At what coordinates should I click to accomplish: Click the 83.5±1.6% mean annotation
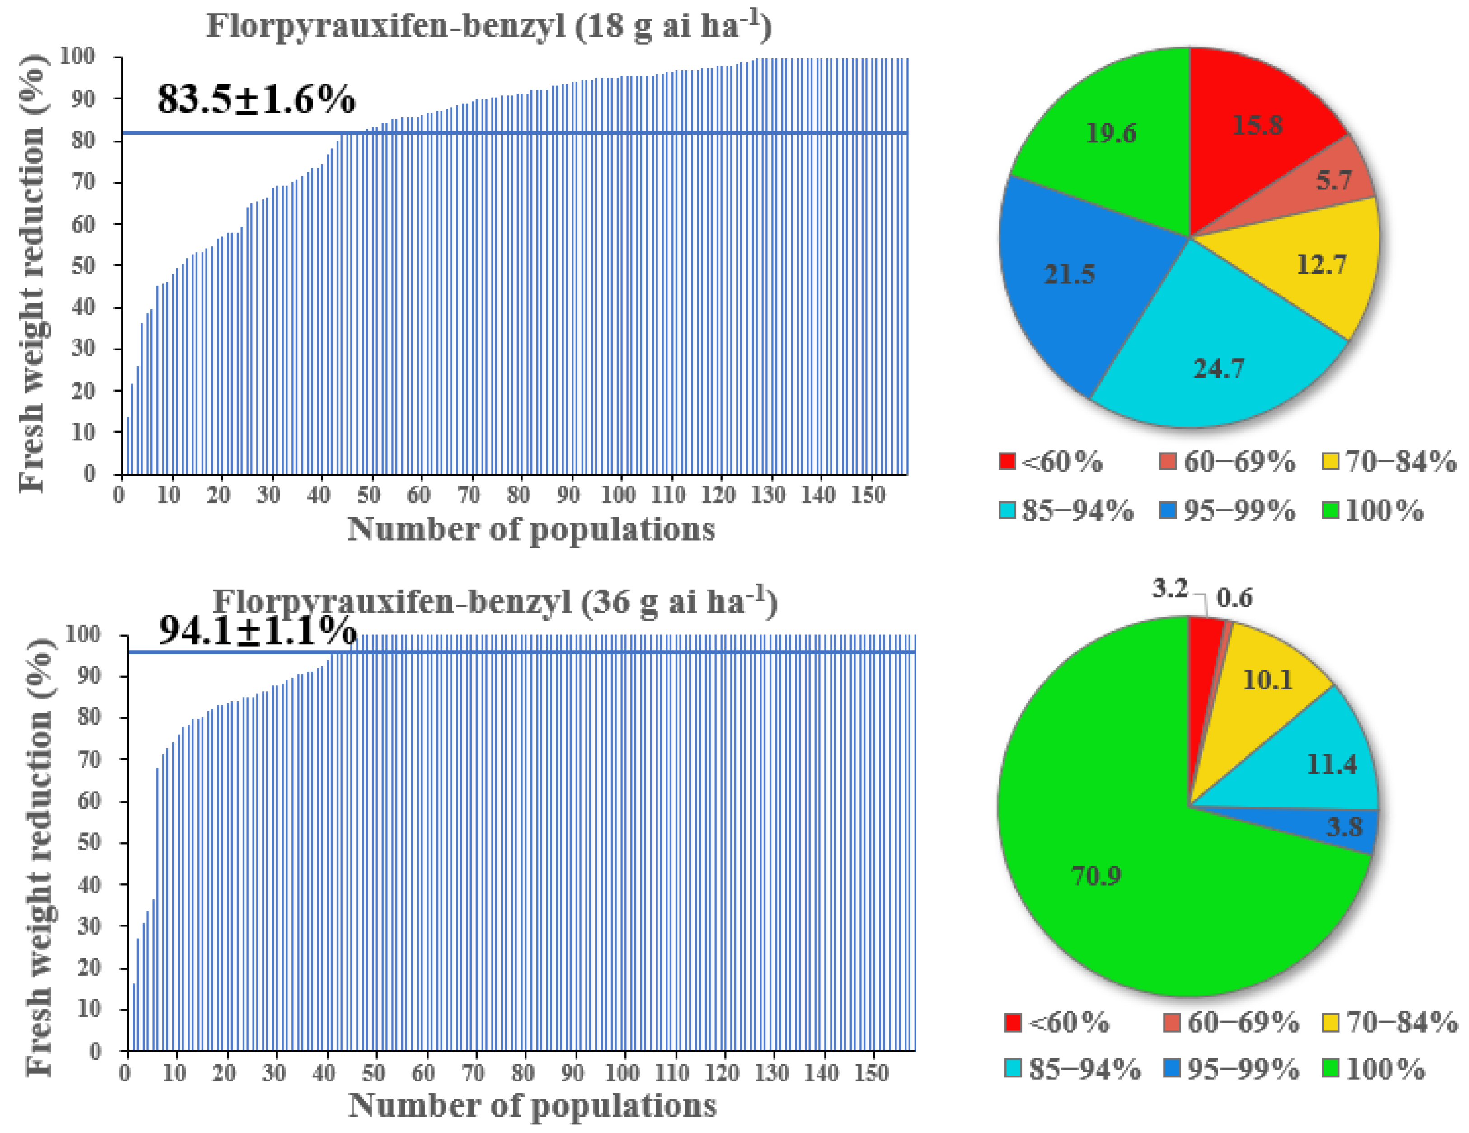[256, 99]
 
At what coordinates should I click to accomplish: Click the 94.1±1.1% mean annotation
[258, 630]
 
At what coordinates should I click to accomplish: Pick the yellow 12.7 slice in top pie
[1319, 266]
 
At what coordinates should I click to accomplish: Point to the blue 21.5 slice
[1070, 276]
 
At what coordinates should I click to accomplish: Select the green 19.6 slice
[1110, 135]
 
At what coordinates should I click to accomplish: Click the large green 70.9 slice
[1096, 875]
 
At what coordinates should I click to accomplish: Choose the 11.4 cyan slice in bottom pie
[1328, 764]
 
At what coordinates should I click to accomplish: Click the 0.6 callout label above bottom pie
[1235, 597]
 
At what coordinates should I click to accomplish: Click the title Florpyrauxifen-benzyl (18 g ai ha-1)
[489, 27]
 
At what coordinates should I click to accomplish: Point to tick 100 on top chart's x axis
[617, 495]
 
